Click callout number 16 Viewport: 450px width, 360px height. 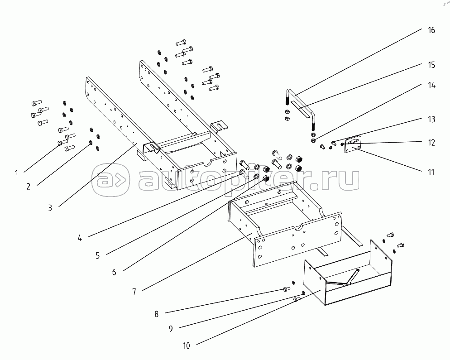(x=431, y=30)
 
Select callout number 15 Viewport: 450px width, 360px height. (x=431, y=65)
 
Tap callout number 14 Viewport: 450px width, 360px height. (x=431, y=86)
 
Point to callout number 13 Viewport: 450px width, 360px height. (x=431, y=119)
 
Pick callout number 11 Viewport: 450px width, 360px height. (x=431, y=172)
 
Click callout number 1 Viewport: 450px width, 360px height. (x=17, y=173)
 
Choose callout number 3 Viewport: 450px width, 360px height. (x=50, y=208)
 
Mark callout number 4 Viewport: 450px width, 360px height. (x=80, y=238)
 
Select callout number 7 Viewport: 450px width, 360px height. (x=134, y=292)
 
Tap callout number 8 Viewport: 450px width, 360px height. (x=156, y=314)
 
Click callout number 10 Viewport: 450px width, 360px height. (x=187, y=346)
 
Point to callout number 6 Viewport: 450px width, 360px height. (x=114, y=272)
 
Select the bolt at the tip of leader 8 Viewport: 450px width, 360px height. (x=287, y=289)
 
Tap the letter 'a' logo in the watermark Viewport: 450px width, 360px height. (x=110, y=180)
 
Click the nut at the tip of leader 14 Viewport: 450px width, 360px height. (x=313, y=140)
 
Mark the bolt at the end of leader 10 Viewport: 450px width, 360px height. (x=297, y=300)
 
